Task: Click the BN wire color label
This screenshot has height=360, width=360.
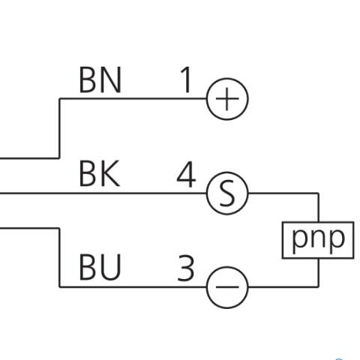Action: pos(100,80)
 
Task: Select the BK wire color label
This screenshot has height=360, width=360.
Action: pos(99,174)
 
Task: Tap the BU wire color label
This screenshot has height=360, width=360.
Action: pos(100,267)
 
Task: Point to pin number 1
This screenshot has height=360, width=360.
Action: pos(186,80)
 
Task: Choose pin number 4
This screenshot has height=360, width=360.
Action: pos(186,174)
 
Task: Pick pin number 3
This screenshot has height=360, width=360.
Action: pos(186,268)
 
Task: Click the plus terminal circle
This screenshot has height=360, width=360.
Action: pos(207,99)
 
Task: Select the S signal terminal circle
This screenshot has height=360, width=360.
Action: pos(207,193)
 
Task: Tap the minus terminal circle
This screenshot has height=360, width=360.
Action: pos(207,287)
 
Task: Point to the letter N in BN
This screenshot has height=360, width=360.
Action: pos(112,80)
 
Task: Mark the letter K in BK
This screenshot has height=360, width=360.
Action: pos(110,174)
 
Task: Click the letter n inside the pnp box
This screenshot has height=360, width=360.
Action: pos(318,238)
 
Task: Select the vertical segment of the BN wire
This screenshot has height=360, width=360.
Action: pos(59,128)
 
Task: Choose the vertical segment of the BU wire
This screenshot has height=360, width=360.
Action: pos(59,257)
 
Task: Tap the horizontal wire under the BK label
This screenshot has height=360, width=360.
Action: pos(103,193)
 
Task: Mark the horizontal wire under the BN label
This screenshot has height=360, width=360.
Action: pos(133,99)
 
